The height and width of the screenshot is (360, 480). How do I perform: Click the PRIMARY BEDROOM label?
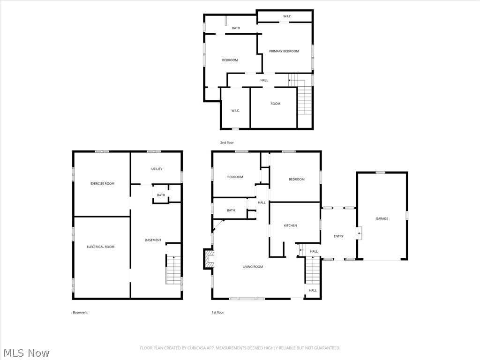click(284, 51)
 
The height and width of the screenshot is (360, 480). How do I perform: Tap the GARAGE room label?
click(382, 218)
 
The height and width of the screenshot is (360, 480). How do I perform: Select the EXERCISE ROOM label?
click(102, 184)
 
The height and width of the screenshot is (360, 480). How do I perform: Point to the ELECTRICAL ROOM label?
click(100, 247)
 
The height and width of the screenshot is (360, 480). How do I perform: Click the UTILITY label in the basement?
click(157, 169)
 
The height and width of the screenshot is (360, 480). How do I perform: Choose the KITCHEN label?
click(290, 225)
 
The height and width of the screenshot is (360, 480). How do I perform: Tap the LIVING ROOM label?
click(253, 267)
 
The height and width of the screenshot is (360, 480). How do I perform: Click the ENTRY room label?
click(338, 236)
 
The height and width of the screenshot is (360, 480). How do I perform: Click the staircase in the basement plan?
click(173, 270)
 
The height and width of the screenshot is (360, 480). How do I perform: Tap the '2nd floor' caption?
click(227, 142)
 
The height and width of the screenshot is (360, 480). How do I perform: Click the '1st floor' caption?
click(218, 312)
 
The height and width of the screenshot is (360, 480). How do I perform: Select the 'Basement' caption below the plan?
click(80, 312)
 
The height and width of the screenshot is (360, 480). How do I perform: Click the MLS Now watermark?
click(25, 352)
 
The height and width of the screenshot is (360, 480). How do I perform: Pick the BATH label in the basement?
click(161, 195)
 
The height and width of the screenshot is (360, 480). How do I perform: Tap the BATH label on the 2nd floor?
click(236, 28)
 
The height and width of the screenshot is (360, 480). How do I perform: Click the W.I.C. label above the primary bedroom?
click(287, 16)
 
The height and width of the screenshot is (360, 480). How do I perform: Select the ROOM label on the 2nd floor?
click(275, 104)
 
